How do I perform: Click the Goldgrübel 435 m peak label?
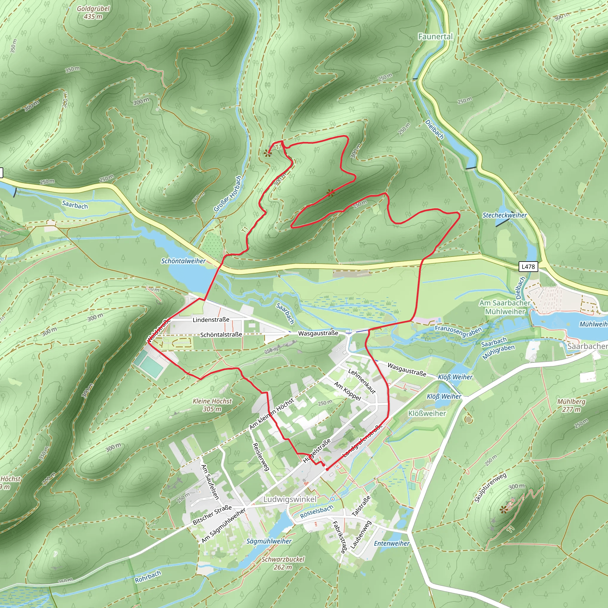[x=93, y=12]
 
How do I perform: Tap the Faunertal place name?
[x=435, y=37]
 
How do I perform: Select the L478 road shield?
[x=528, y=267]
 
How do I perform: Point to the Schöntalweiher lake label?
[x=183, y=261]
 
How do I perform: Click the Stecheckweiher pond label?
[x=504, y=215]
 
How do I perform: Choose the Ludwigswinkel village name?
[x=290, y=499]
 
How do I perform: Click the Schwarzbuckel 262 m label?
[x=283, y=563]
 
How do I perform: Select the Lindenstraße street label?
[x=211, y=320]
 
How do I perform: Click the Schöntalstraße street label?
[x=221, y=335]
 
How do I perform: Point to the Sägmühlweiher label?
[x=269, y=541]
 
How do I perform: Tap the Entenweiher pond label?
[x=392, y=544]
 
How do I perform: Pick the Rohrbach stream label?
[x=148, y=577]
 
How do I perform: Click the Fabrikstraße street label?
[x=339, y=537]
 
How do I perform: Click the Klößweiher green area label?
[x=427, y=413]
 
